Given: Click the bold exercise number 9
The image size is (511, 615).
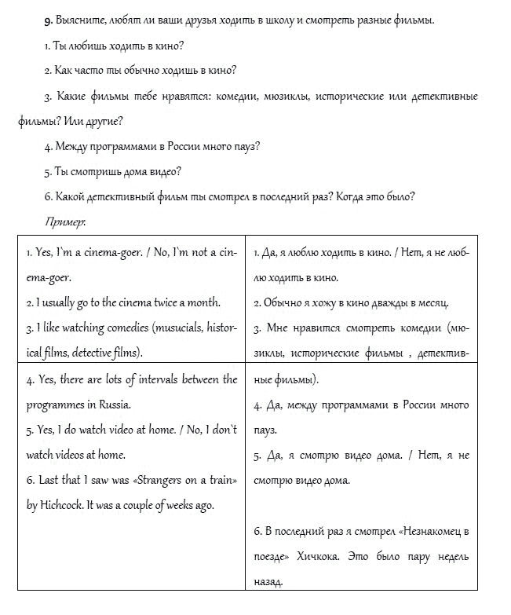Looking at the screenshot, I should tap(47, 19).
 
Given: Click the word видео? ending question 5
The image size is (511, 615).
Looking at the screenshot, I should tap(164, 171).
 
